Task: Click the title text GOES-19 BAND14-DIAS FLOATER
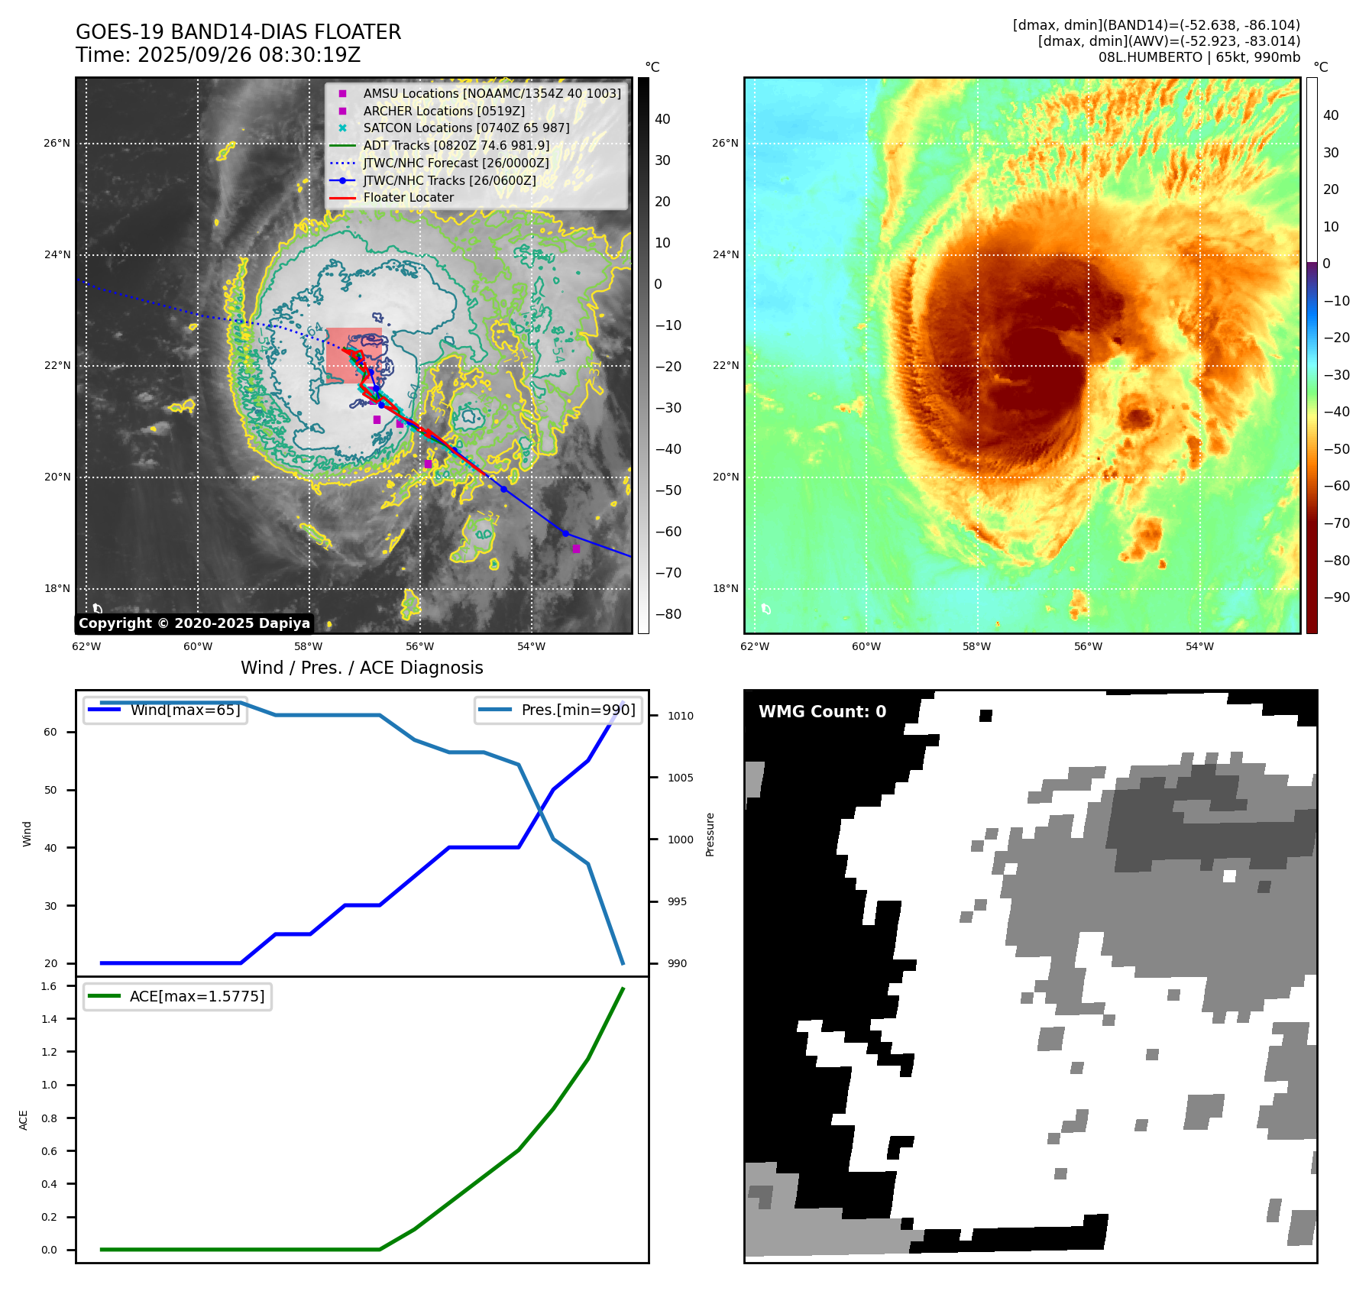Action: pos(238,32)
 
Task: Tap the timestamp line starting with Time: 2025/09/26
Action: pos(218,55)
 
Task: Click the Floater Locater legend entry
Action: pos(408,198)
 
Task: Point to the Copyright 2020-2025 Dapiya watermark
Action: pos(194,623)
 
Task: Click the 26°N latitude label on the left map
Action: pos(57,143)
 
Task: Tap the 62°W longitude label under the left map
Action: pos(86,646)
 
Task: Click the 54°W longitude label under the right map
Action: pos(1199,646)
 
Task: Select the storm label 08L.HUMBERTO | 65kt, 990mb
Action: pos(1199,57)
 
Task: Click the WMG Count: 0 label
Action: pos(822,712)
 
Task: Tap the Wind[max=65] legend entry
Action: pos(185,710)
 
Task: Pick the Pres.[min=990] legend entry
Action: pos(578,710)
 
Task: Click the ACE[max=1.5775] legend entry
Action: pos(197,996)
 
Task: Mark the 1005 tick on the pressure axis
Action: pos(680,778)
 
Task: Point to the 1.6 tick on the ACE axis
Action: pos(49,986)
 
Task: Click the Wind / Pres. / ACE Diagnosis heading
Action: pos(361,668)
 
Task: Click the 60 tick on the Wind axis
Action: pos(50,732)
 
